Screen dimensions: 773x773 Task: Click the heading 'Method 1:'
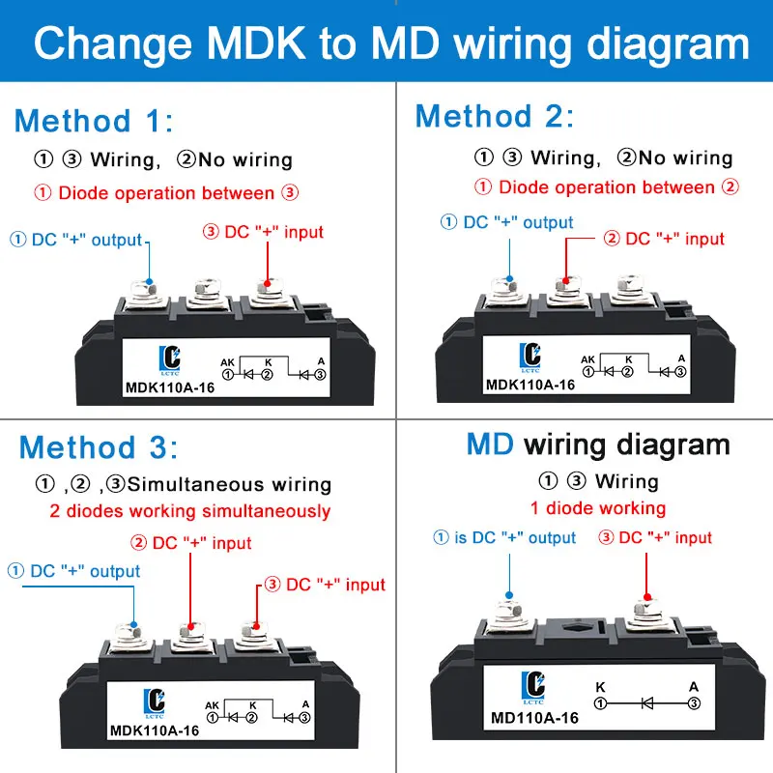[x=94, y=122]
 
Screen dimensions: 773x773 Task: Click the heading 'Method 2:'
[x=494, y=117]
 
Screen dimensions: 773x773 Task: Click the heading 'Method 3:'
[x=99, y=448]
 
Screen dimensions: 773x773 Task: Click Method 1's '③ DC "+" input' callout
[x=263, y=232]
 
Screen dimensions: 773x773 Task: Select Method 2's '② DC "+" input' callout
[x=663, y=239]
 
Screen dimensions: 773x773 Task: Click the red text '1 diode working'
[x=597, y=508]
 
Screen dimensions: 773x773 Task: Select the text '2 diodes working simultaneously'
[x=189, y=511]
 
